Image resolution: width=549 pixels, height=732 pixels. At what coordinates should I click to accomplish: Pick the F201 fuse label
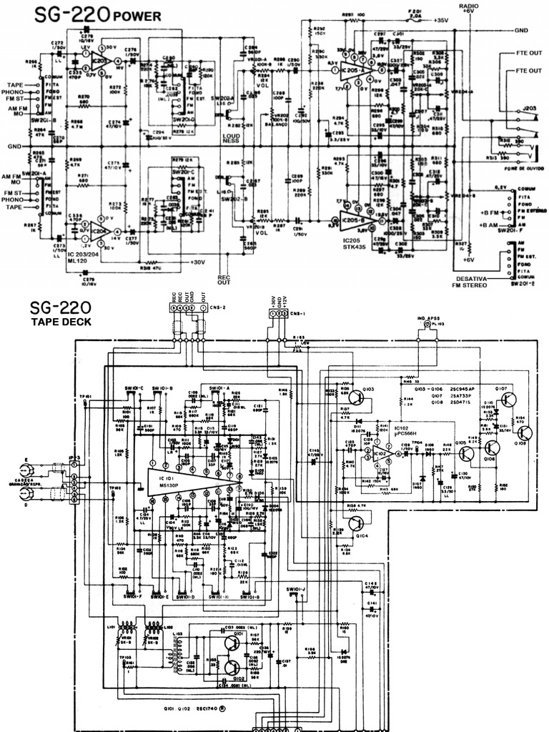click(415, 12)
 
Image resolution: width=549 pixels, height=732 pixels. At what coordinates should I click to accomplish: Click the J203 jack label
click(530, 107)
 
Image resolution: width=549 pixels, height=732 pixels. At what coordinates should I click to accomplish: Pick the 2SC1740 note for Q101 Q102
click(204, 710)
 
